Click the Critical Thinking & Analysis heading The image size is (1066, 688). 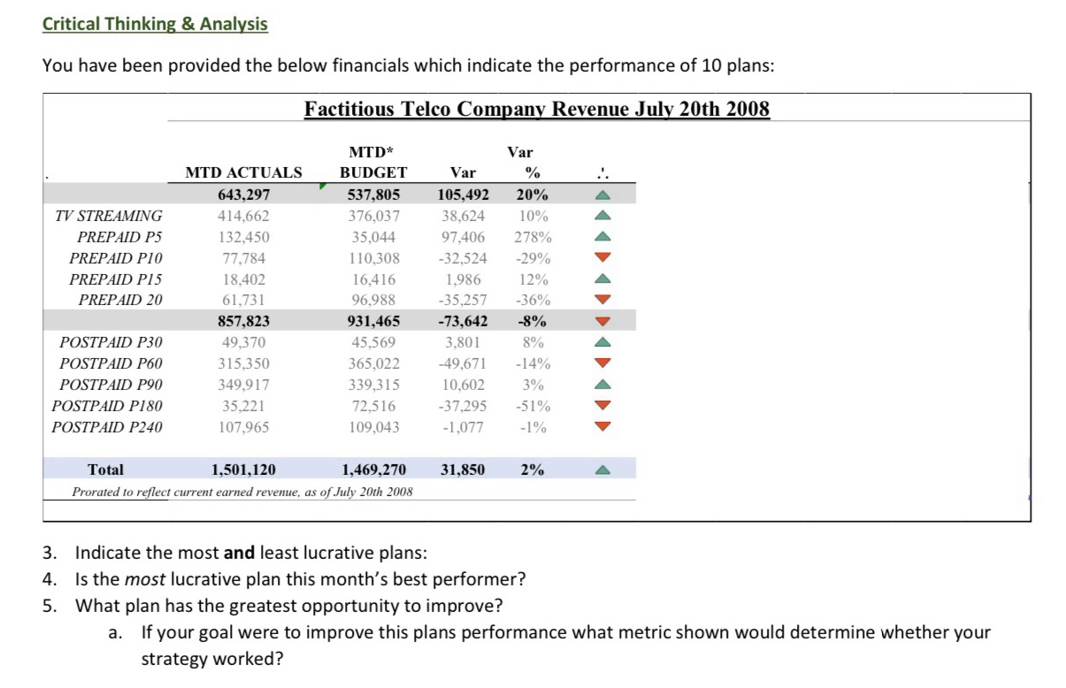tap(155, 24)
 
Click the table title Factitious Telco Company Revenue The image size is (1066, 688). tap(537, 109)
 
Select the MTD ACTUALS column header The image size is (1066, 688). tap(243, 172)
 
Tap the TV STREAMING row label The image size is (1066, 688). tap(109, 216)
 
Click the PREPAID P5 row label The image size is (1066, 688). tap(120, 237)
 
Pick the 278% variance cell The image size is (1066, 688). tap(533, 237)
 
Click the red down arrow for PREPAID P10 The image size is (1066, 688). tap(602, 258)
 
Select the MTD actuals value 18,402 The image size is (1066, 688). tap(243, 279)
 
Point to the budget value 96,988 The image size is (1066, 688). tap(373, 301)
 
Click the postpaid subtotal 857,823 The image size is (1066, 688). tap(243, 321)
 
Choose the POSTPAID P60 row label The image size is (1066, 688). tap(111, 363)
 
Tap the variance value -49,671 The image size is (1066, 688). tap(462, 363)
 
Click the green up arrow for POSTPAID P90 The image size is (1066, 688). tap(602, 385)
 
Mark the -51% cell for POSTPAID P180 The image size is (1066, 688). tap(533, 407)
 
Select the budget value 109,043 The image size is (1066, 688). tap(373, 428)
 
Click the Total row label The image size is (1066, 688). tap(105, 470)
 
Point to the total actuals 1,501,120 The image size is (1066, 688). tap(243, 470)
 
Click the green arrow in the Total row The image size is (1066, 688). tap(602, 470)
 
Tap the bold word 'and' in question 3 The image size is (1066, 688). tap(239, 554)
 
